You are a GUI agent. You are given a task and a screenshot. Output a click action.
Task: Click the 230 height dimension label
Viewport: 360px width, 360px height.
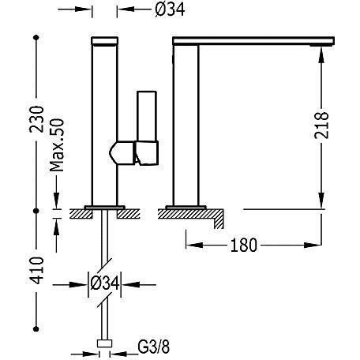click(36, 119)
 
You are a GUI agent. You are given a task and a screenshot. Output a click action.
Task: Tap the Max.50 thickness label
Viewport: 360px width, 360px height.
click(57, 145)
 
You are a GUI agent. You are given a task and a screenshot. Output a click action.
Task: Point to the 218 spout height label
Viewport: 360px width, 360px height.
click(322, 126)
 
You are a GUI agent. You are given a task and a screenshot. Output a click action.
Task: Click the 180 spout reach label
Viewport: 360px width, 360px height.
click(243, 246)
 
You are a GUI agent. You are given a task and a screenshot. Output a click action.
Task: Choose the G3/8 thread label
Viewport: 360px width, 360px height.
click(154, 347)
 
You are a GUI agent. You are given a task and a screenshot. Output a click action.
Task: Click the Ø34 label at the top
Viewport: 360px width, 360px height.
click(170, 9)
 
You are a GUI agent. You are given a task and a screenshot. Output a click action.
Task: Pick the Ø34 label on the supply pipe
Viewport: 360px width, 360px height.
click(105, 283)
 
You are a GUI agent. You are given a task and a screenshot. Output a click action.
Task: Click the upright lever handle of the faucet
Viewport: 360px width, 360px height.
click(147, 116)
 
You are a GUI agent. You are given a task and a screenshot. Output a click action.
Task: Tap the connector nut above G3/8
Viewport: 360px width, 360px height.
click(104, 343)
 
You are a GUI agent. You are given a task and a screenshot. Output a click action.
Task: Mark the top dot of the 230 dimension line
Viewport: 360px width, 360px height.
click(36, 38)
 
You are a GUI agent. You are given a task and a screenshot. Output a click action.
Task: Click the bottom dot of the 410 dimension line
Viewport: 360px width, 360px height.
click(36, 328)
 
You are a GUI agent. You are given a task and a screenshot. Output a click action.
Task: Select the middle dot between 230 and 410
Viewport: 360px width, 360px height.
click(36, 211)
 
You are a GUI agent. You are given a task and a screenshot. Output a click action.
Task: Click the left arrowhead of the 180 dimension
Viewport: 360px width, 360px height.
click(194, 245)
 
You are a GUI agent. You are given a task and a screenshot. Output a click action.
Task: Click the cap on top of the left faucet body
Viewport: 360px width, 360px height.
click(104, 41)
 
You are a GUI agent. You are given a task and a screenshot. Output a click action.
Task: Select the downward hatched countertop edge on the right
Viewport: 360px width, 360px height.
click(219, 219)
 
